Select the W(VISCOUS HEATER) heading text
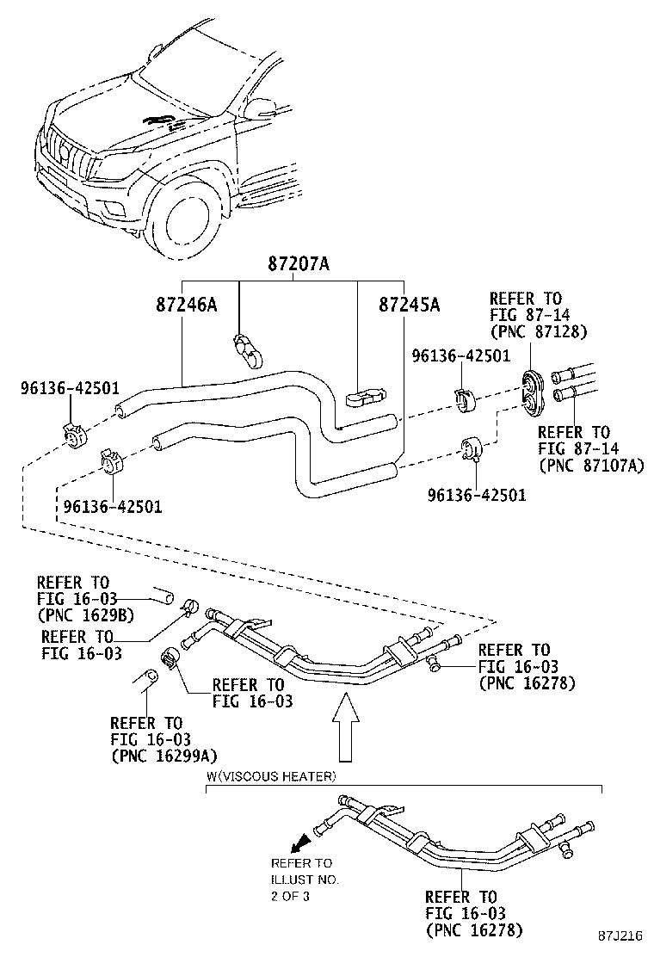coord(271,776)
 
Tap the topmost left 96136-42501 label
coord(59,388)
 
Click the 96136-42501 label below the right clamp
coord(478,495)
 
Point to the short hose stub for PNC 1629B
coord(163,596)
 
